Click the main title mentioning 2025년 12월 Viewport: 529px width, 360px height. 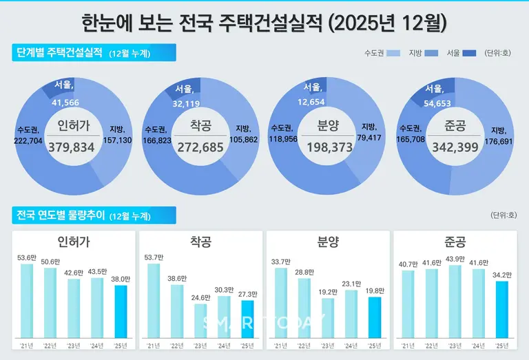264,23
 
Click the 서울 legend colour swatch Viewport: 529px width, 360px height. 470,53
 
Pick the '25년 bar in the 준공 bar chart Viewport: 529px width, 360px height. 502,310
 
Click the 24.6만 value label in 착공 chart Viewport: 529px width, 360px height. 200,298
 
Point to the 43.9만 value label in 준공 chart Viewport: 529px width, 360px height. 455,259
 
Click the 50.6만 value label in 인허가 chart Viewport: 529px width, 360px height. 50,262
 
